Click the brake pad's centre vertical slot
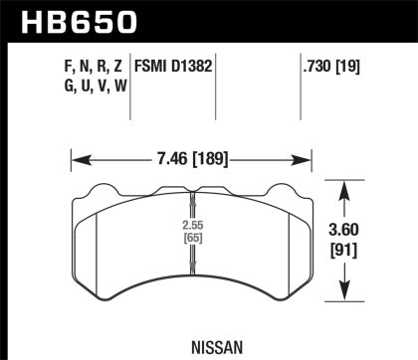tap(190, 249)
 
